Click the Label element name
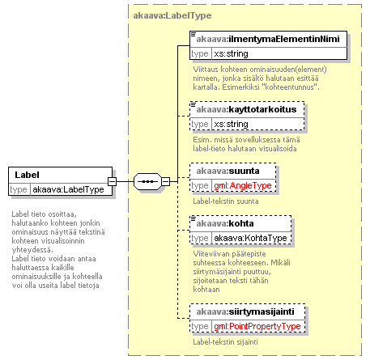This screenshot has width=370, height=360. click(x=27, y=175)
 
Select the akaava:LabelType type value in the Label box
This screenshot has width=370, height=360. click(x=68, y=189)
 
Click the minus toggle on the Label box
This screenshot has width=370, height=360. click(x=112, y=181)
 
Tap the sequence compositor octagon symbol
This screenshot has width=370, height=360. click(x=147, y=181)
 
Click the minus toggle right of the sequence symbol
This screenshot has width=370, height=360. click(x=165, y=181)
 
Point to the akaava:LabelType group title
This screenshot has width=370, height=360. click(x=172, y=15)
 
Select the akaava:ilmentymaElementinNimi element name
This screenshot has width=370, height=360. click(x=268, y=39)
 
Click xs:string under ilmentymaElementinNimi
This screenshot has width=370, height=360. click(x=231, y=53)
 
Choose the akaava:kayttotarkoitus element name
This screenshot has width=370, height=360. click(x=246, y=109)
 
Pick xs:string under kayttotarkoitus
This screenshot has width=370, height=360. click(x=231, y=124)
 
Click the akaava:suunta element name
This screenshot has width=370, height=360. click(x=228, y=171)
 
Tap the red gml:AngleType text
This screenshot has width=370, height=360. click(x=243, y=185)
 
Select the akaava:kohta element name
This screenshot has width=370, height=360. click(x=225, y=223)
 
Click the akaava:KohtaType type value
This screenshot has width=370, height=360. click(x=250, y=238)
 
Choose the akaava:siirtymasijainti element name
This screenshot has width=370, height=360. click(x=245, y=311)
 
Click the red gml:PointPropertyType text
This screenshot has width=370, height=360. click(x=257, y=326)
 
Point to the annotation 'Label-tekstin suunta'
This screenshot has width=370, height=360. click(x=226, y=201)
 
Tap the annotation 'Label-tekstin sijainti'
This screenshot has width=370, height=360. click(x=225, y=342)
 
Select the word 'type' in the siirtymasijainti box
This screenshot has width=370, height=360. click(x=200, y=327)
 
